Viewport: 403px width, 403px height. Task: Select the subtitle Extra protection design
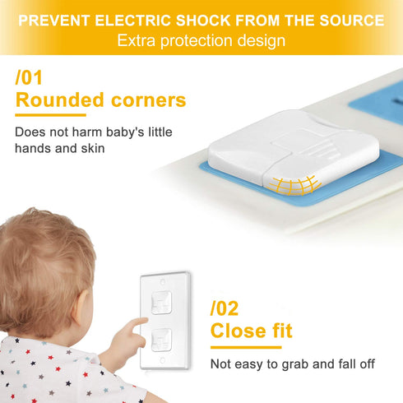pos(201,39)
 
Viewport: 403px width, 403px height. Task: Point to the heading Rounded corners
pos(100,100)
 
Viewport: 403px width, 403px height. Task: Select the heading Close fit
pos(251,331)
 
